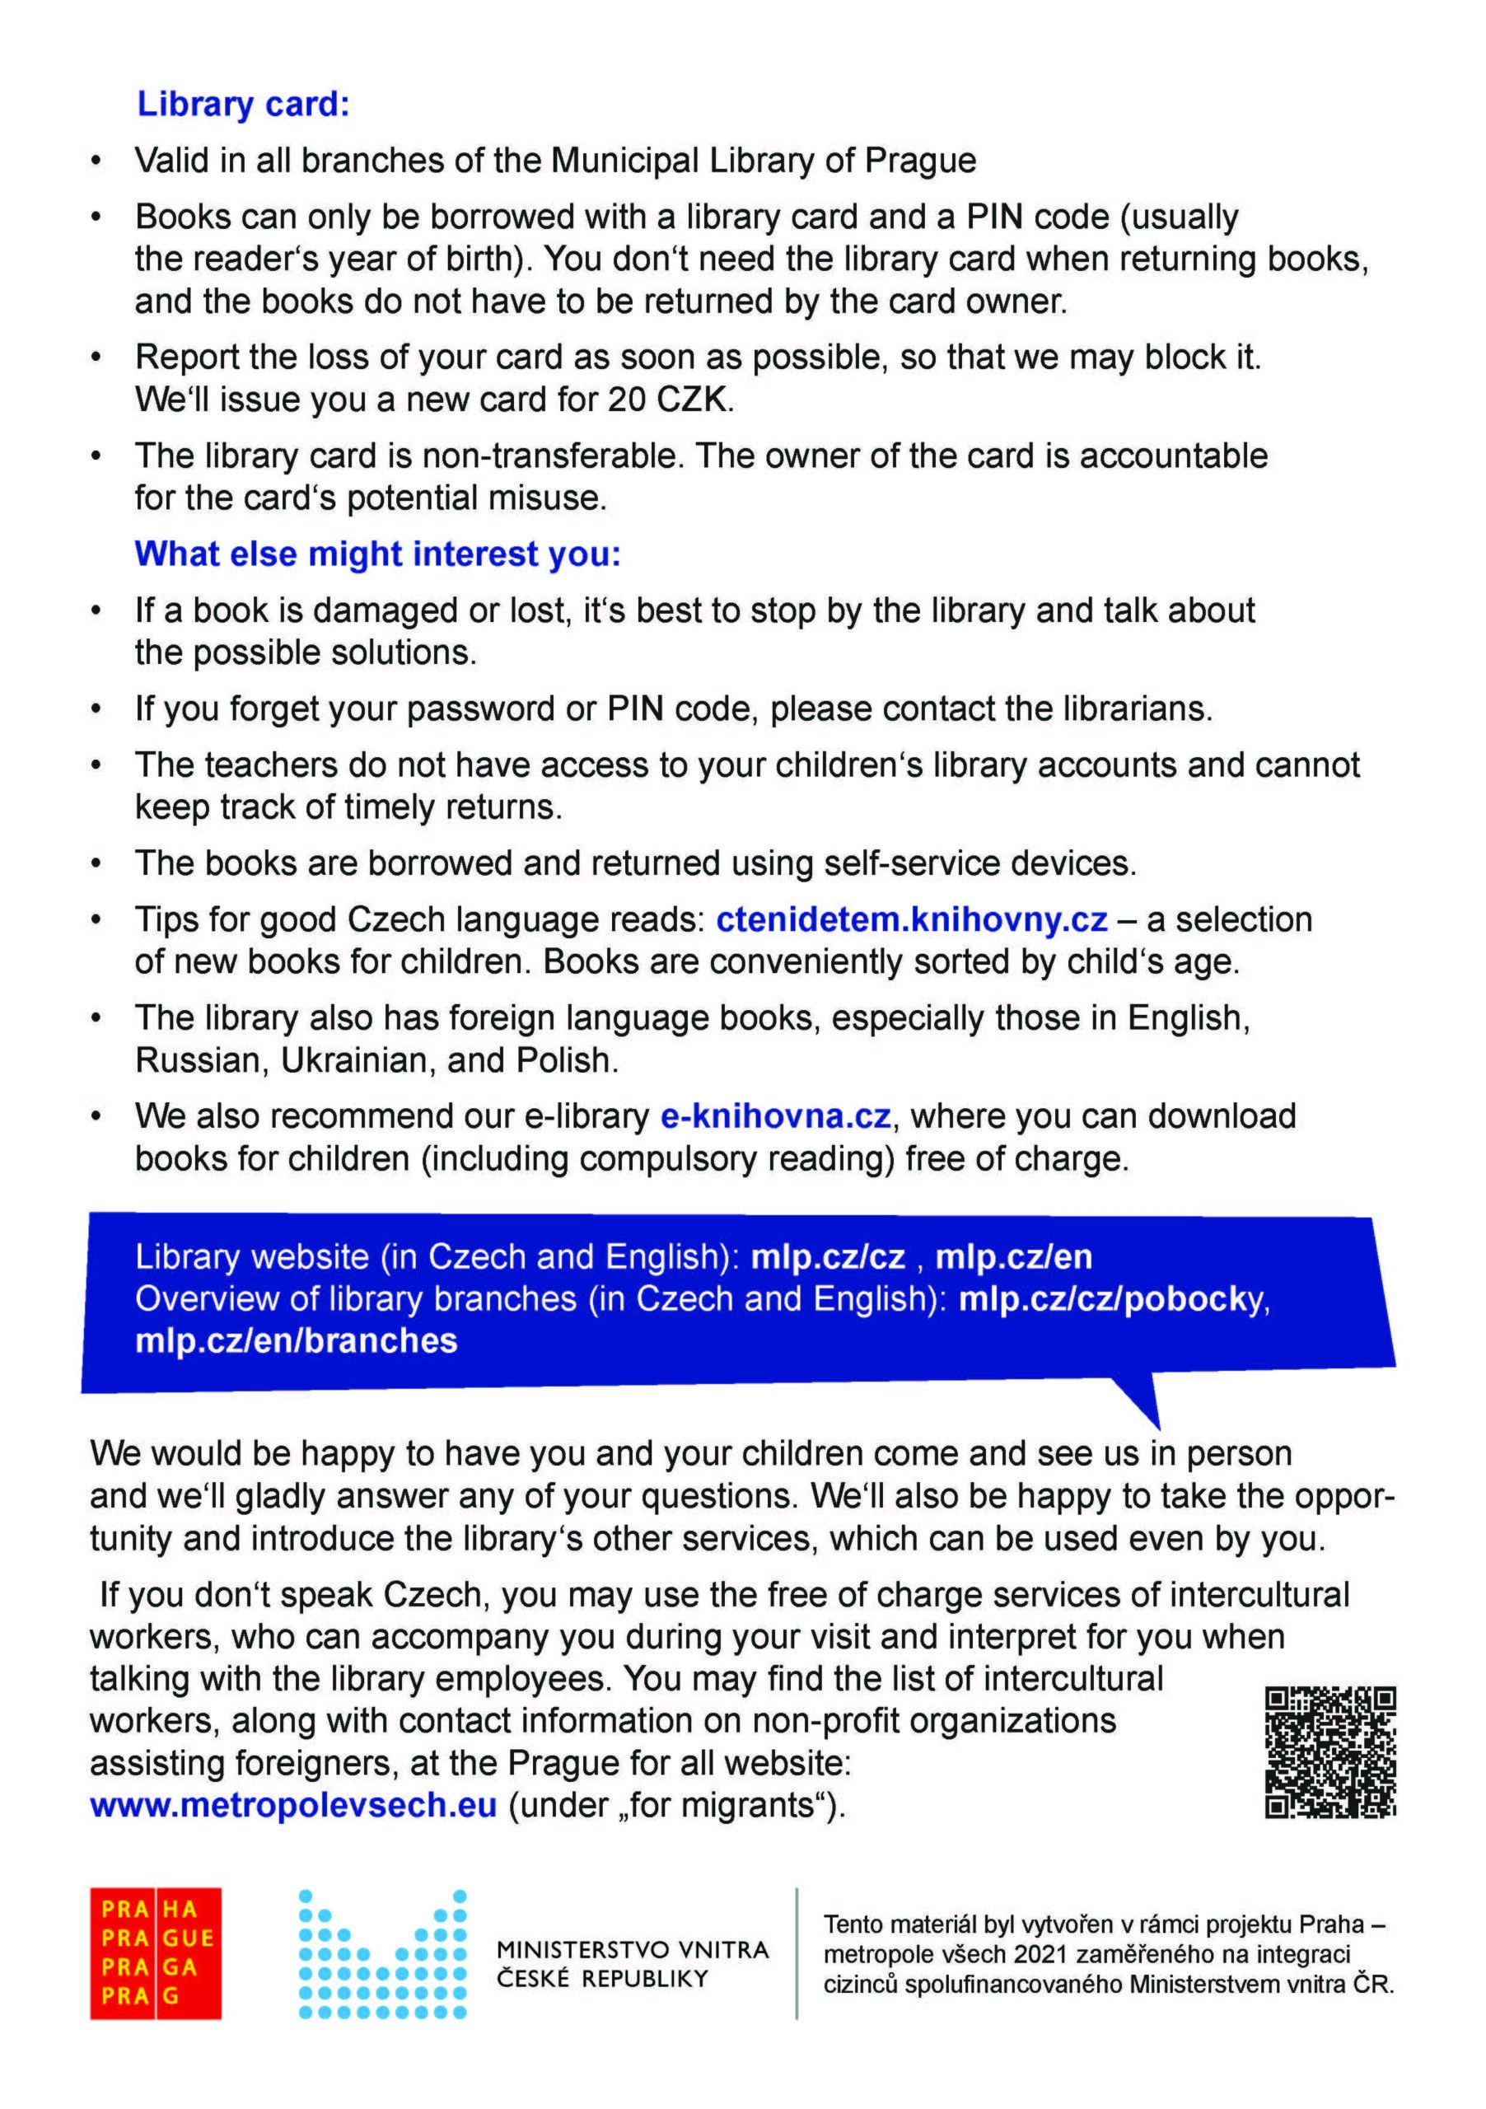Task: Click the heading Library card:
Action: point(243,105)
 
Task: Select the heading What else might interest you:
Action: point(377,554)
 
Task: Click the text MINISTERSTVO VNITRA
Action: point(632,1950)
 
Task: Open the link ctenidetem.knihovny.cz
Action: point(911,919)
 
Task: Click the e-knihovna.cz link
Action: point(775,1116)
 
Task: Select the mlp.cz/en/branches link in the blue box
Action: point(296,1341)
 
